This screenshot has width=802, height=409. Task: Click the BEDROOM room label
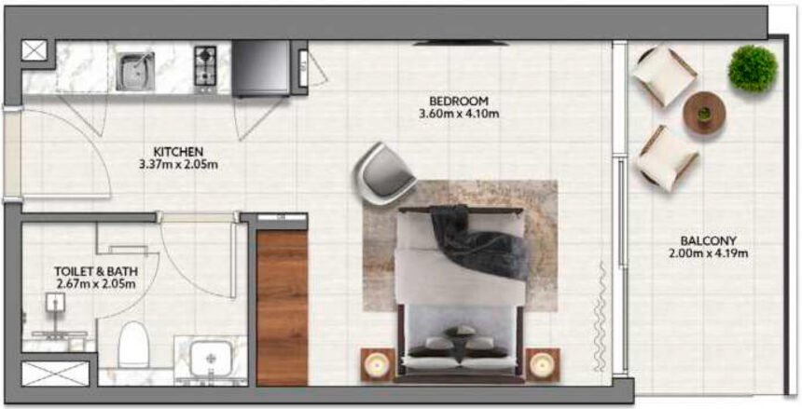tap(458, 101)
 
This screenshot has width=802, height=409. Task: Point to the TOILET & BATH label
tap(95, 272)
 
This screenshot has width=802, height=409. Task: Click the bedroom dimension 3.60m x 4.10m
tap(458, 115)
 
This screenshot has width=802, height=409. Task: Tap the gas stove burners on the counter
tap(206, 65)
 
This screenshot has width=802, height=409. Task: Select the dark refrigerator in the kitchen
tap(261, 69)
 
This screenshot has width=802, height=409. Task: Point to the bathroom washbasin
tap(213, 359)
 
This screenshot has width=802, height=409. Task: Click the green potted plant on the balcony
tap(753, 67)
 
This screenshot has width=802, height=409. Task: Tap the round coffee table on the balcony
tap(704, 113)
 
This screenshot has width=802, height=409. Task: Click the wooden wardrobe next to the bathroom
tap(282, 307)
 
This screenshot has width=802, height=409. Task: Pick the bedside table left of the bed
tap(379, 363)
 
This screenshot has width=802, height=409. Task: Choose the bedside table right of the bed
tap(543, 363)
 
